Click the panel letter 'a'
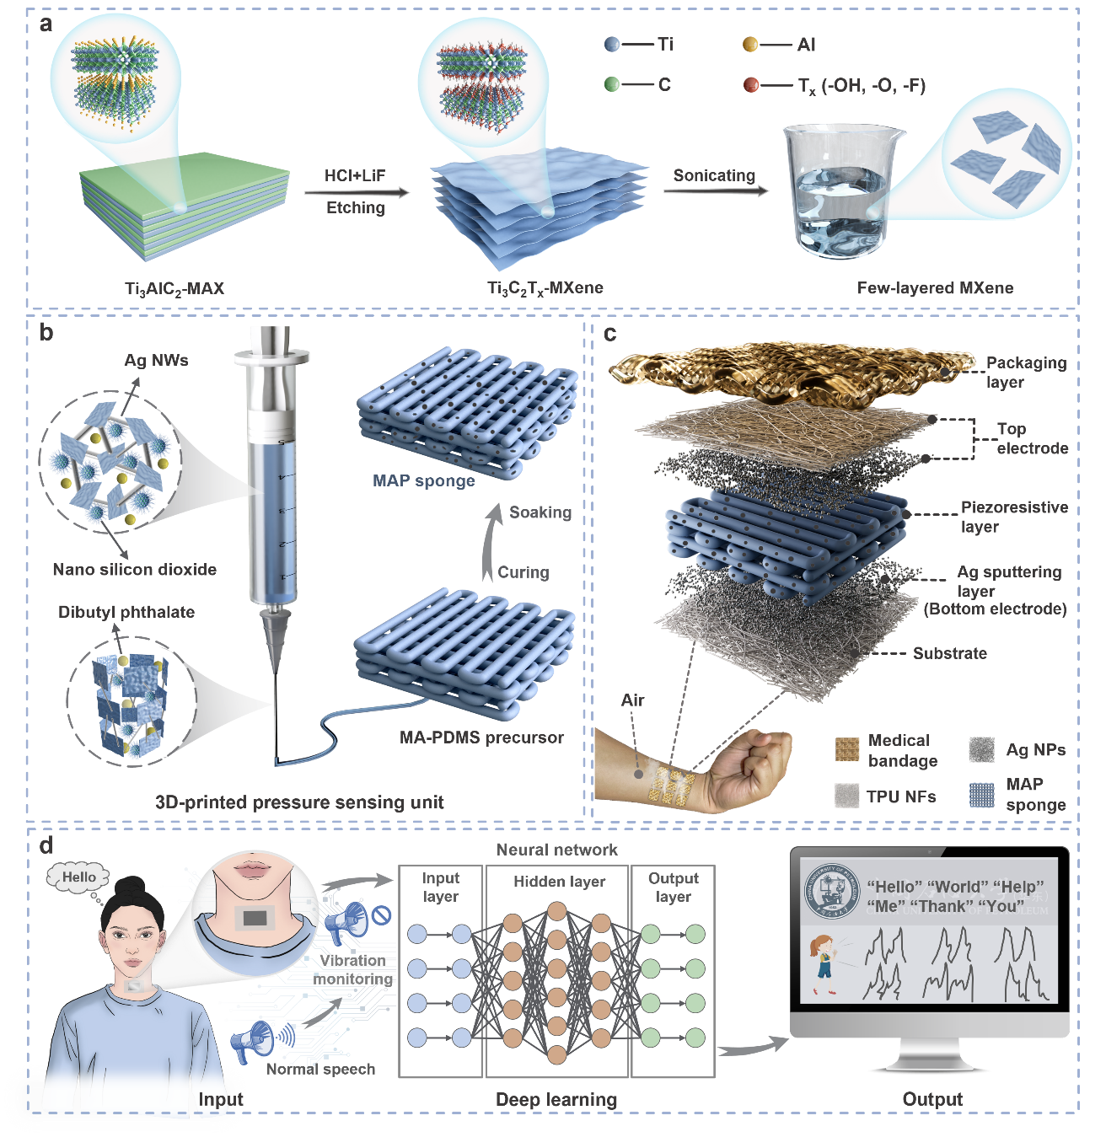(46, 24)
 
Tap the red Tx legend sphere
(751, 85)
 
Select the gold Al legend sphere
(750, 45)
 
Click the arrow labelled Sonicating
(716, 190)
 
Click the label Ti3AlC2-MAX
(174, 288)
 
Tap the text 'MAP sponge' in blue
(423, 481)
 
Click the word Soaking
(540, 512)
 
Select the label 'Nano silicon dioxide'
(134, 569)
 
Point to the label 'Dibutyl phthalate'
(126, 612)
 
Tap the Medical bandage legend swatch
(846, 749)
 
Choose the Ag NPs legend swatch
(981, 749)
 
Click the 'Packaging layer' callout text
(1026, 373)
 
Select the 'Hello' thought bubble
(78, 877)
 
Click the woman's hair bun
(133, 888)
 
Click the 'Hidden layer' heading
(559, 882)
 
